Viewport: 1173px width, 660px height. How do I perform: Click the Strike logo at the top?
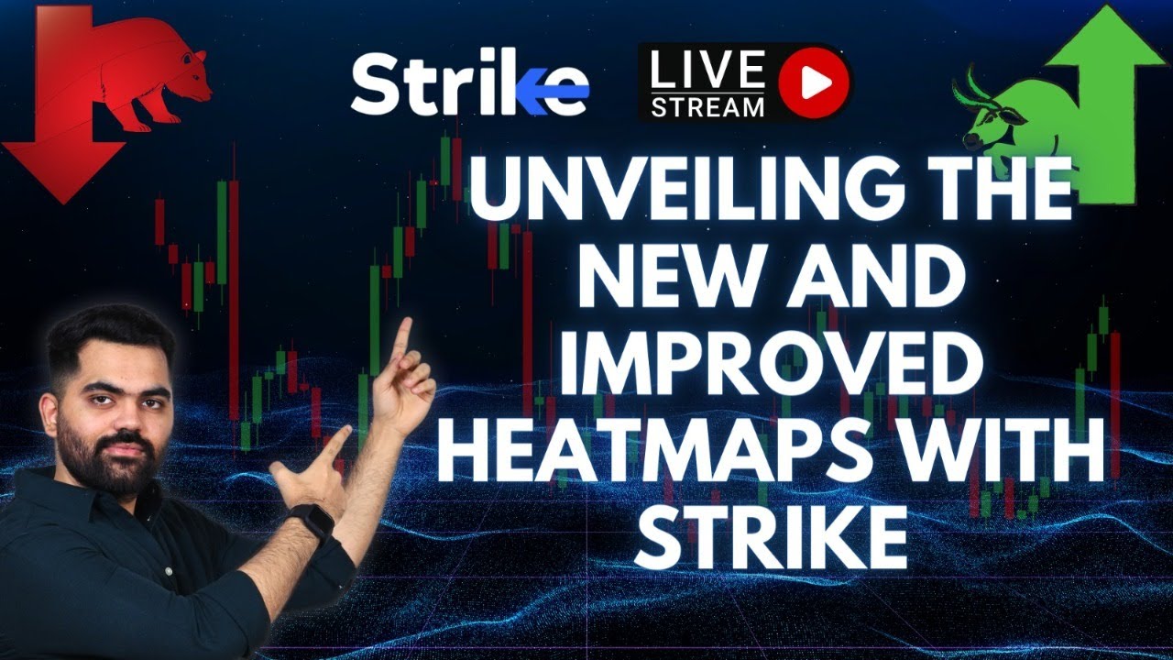(468, 84)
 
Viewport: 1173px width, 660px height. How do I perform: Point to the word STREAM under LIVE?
(707, 106)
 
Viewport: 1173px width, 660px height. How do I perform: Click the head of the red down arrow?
(62, 170)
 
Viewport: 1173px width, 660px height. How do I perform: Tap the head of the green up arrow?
(1105, 41)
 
